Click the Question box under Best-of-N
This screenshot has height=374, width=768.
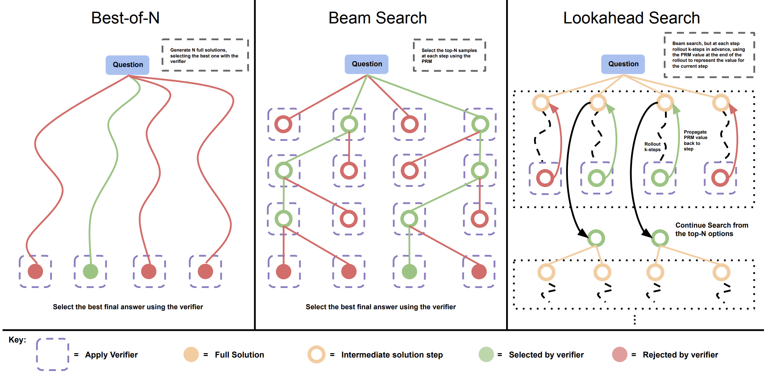pos(128,65)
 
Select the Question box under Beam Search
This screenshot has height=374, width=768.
pos(366,64)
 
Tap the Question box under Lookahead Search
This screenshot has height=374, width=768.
pos(623,64)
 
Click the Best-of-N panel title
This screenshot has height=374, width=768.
pos(125,18)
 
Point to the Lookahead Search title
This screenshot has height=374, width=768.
pos(631,18)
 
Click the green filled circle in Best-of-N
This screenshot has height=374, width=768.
pos(90,271)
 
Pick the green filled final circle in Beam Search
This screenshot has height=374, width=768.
pos(409,272)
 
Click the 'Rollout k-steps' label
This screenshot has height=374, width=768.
pos(652,147)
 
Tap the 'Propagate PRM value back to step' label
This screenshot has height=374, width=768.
pos(695,140)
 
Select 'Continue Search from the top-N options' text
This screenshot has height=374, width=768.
pos(711,229)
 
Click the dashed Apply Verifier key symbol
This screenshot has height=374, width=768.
pos(53,354)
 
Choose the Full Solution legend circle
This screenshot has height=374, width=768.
pos(191,354)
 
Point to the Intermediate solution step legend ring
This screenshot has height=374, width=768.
pos(316,354)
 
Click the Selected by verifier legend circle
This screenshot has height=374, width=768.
pos(486,354)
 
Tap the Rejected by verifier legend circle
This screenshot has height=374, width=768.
pos(620,354)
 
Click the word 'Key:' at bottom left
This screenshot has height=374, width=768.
pos(17,340)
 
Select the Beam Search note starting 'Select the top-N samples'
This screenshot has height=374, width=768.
pos(449,56)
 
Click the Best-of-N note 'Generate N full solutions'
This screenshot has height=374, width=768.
pos(204,56)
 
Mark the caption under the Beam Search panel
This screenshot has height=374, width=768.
pos(381,307)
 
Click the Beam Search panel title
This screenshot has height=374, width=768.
pos(377,18)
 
